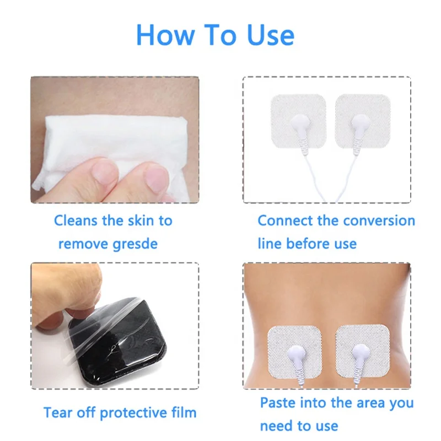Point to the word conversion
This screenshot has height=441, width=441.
click(377, 221)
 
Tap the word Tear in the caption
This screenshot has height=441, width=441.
click(57, 412)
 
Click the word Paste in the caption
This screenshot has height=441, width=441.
click(278, 403)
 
